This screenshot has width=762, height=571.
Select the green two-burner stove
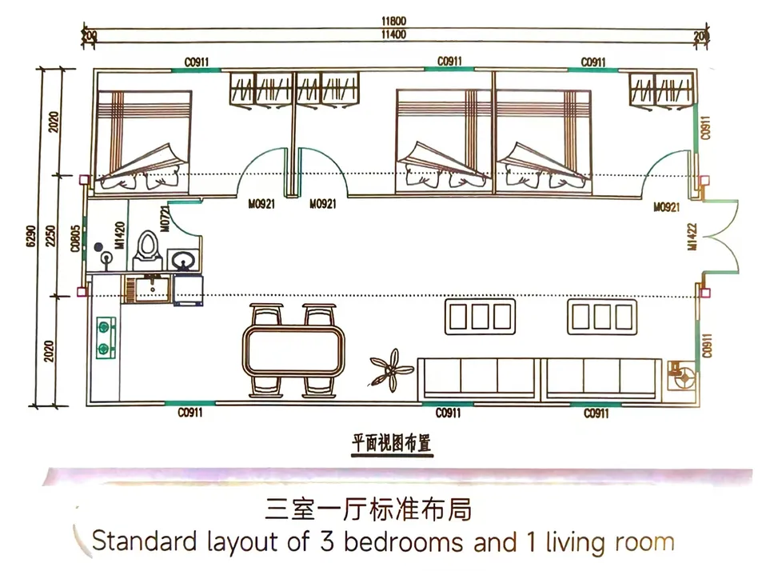point(104,337)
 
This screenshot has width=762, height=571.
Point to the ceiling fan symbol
point(391,369)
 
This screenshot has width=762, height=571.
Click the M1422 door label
point(693,237)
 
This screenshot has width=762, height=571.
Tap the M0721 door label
point(165,218)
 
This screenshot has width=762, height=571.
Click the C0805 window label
point(75,238)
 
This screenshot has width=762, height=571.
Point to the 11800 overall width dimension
point(391,23)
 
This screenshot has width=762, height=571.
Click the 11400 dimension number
point(391,34)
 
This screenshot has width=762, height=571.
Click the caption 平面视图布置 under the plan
point(391,440)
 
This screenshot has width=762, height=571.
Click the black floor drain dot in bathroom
point(98,247)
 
